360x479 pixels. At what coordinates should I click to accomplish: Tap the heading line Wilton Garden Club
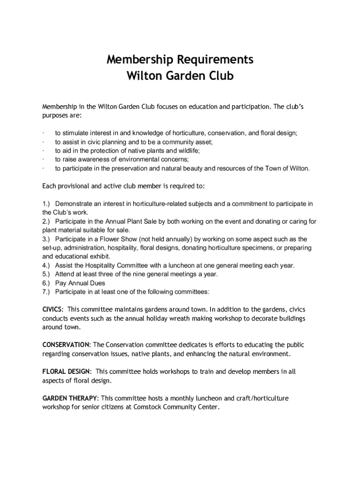click(180, 76)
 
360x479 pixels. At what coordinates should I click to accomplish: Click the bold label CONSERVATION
click(66, 345)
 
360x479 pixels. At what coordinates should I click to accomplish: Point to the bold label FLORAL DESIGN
click(66, 371)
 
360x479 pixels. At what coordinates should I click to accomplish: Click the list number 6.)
click(46, 283)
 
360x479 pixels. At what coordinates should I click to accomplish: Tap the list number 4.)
click(46, 265)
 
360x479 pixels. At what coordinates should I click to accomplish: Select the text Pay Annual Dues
click(80, 283)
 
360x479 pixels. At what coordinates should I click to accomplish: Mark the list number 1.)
click(46, 203)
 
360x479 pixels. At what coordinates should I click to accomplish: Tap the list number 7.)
click(46, 292)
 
